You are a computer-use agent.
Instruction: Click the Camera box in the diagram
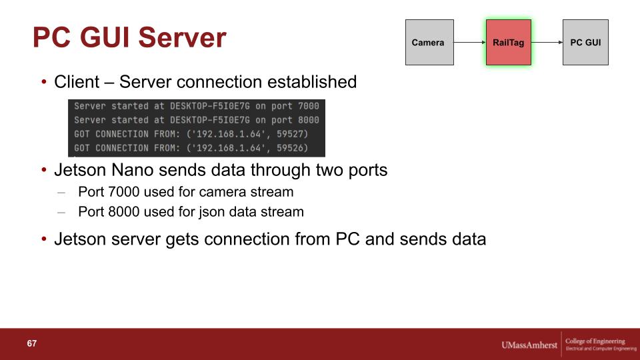coord(429,43)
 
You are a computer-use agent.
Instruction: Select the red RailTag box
coord(509,43)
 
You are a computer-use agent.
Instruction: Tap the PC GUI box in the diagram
coord(585,43)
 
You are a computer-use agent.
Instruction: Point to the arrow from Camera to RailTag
coord(470,42)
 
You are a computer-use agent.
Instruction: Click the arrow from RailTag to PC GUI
coord(547,42)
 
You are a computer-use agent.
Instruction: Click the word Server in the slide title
coord(182,37)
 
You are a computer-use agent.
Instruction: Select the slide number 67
coord(32,343)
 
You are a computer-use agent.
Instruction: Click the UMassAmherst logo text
coord(529,345)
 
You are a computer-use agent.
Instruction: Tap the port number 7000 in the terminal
coord(308,106)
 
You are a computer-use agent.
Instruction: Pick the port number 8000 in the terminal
coord(308,120)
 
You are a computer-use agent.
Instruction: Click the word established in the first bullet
coord(312,82)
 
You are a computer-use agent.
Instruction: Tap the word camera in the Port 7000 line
coord(223,192)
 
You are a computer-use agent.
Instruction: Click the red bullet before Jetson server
coord(44,239)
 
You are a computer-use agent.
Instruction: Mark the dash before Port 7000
coord(61,192)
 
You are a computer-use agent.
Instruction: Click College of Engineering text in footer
coord(595,341)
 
